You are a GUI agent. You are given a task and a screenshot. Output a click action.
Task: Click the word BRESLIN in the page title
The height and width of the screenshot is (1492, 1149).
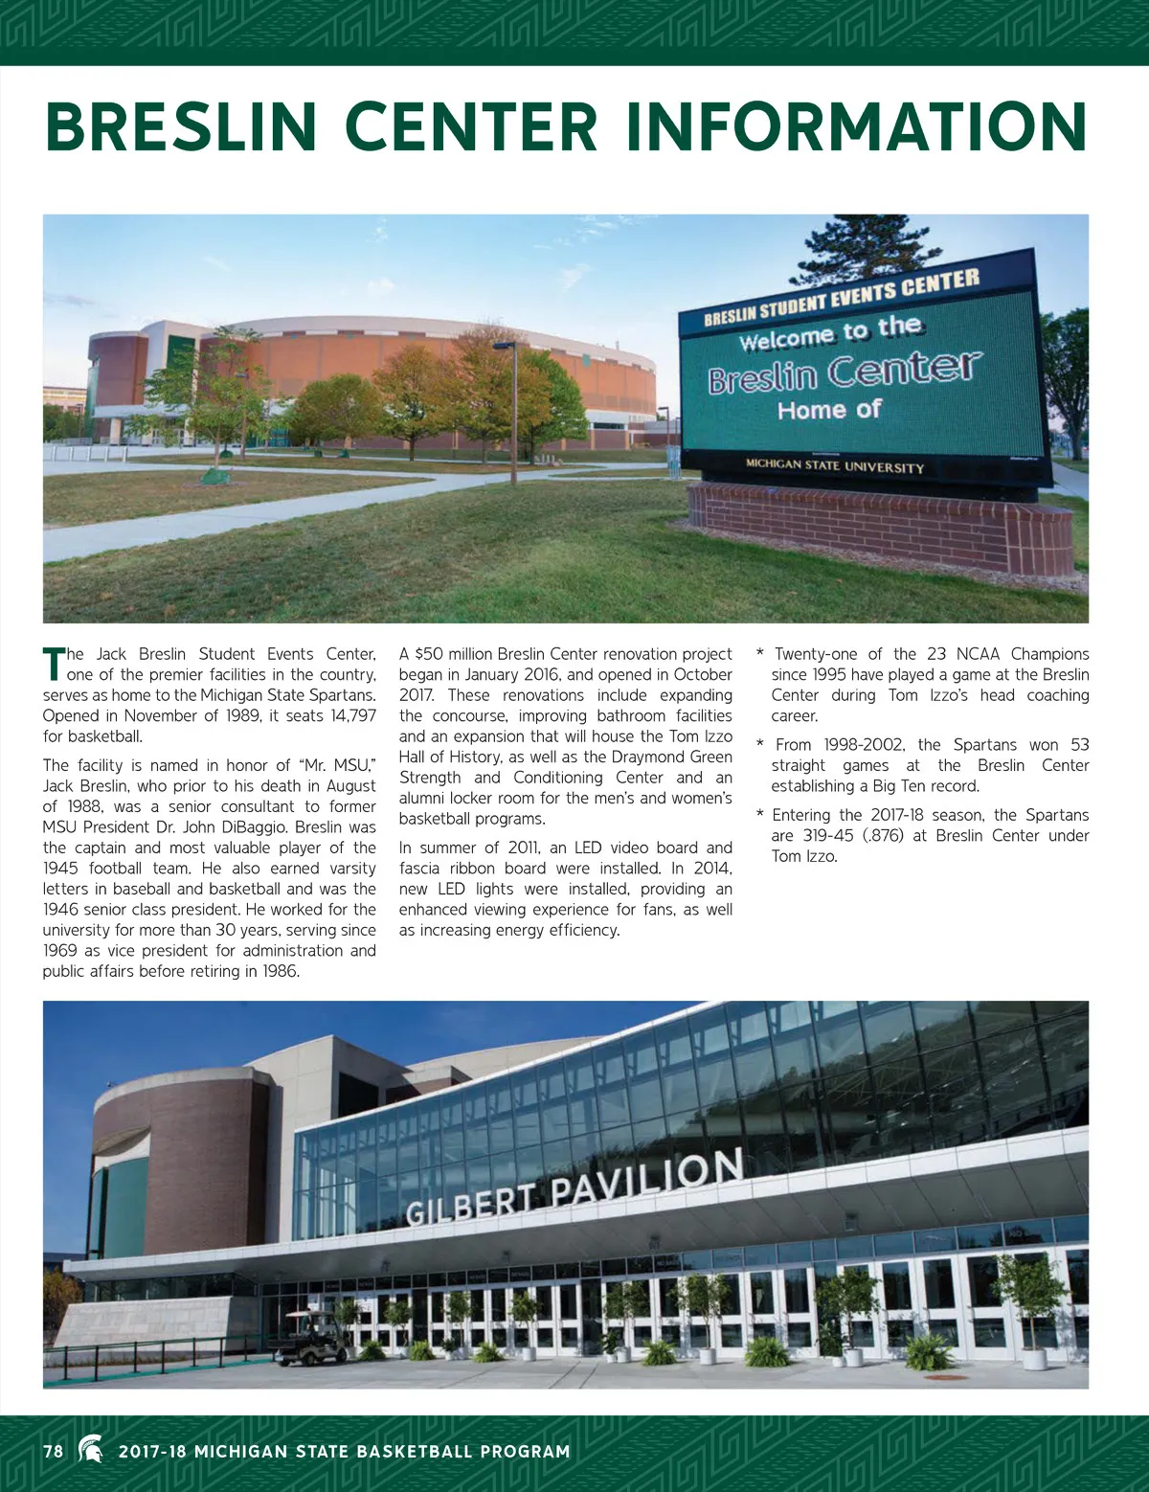click(181, 126)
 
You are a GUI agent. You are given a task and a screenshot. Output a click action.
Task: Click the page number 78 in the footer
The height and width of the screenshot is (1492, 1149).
click(54, 1451)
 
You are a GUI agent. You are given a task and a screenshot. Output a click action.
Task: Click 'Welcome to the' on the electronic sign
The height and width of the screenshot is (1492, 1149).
click(830, 331)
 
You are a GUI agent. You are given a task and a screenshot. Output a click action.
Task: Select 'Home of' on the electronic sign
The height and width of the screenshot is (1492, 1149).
click(829, 411)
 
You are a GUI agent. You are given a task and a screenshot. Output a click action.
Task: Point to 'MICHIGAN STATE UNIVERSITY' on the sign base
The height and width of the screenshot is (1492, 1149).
click(835, 466)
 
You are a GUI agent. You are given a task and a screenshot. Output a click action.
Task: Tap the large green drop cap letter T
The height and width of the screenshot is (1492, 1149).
click(53, 664)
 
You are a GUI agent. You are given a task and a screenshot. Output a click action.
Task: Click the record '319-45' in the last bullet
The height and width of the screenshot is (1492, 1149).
click(828, 835)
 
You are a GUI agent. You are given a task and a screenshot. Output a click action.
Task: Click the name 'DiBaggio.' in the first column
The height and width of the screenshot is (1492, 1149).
click(254, 826)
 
